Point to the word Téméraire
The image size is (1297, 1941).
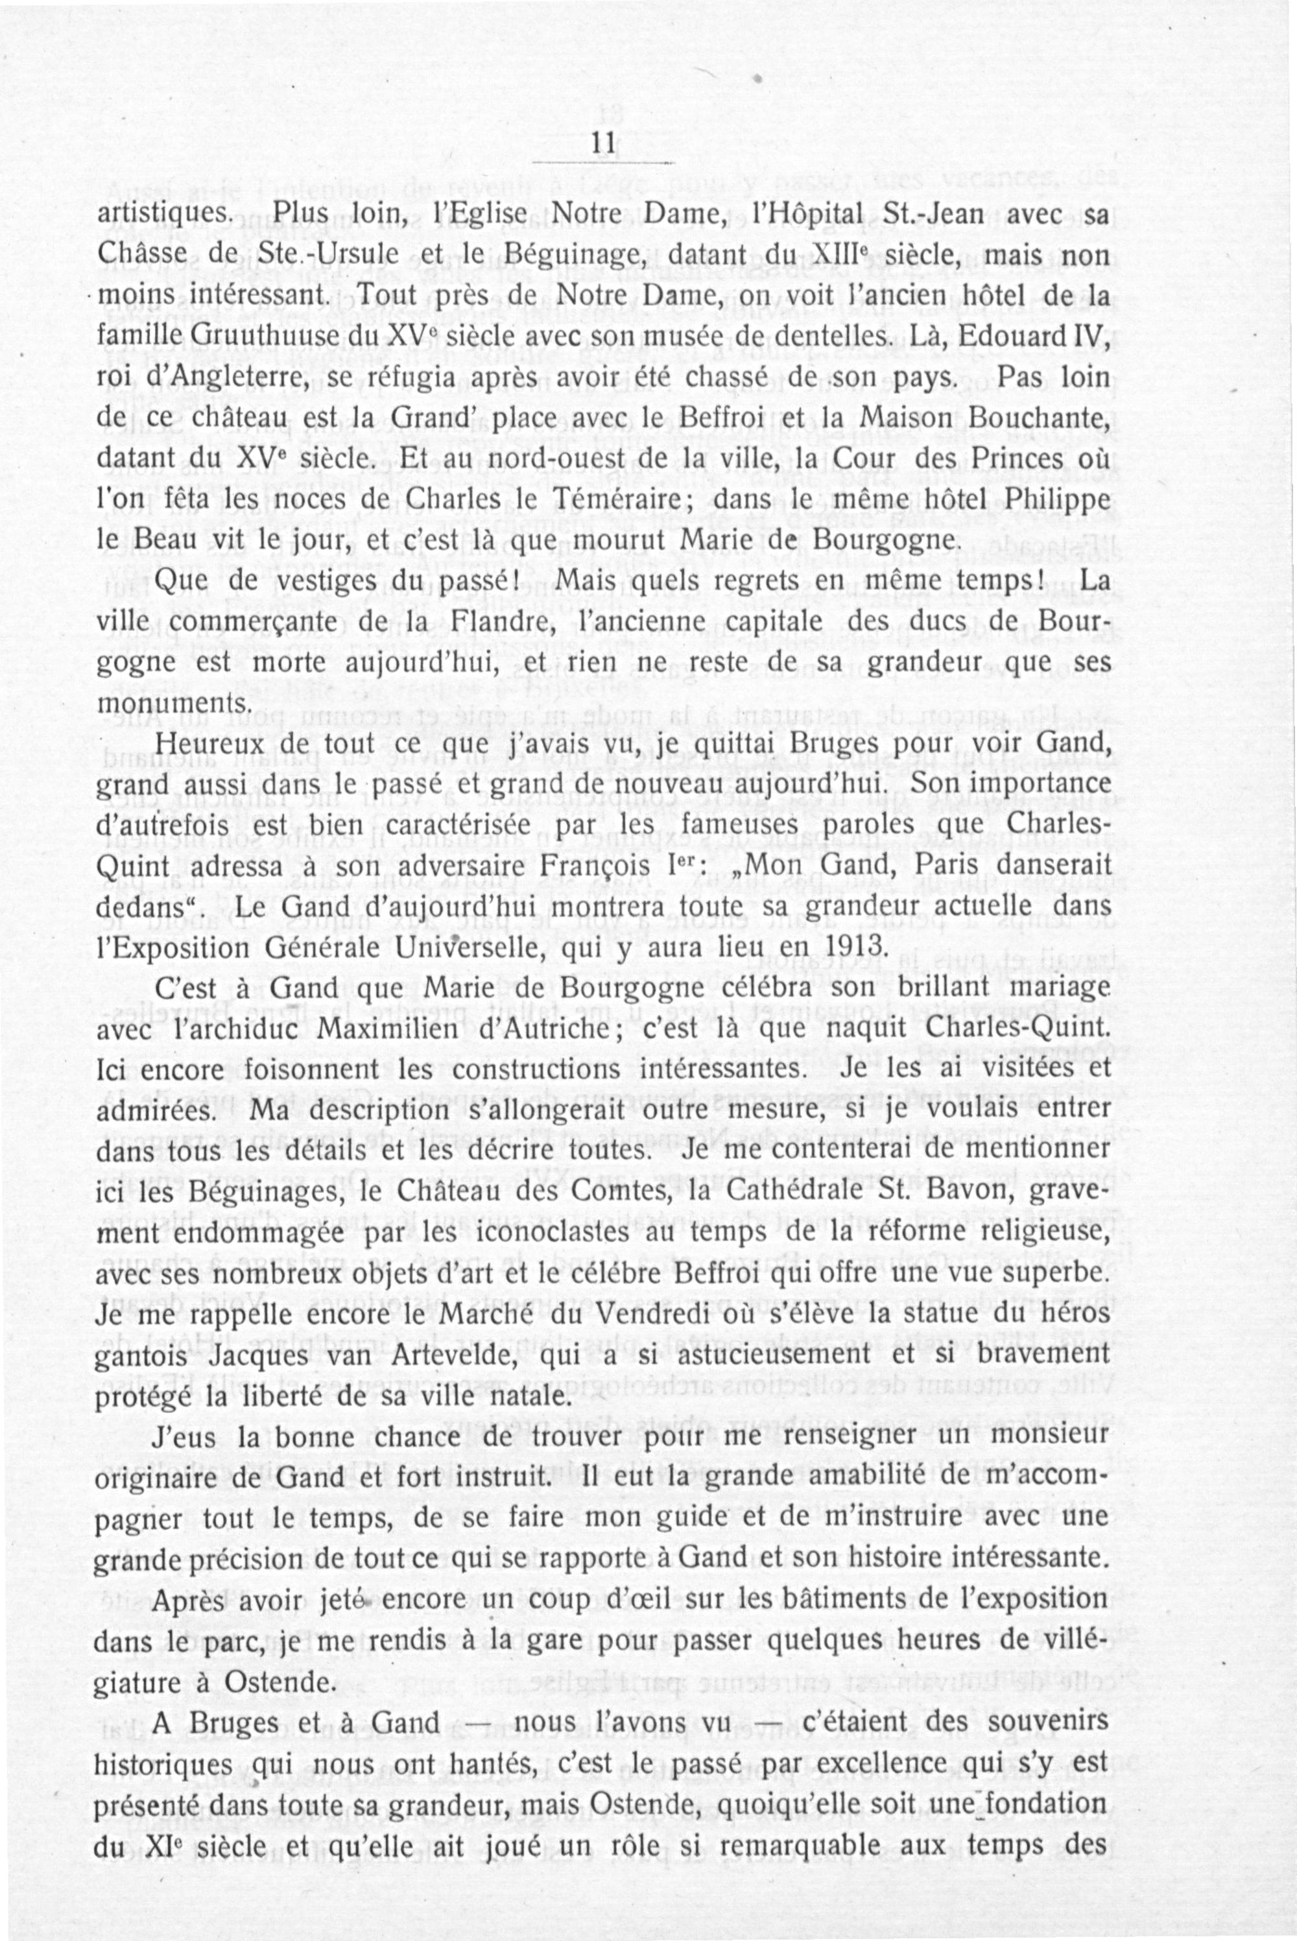609,503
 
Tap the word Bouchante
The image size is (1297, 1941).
1041,420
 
